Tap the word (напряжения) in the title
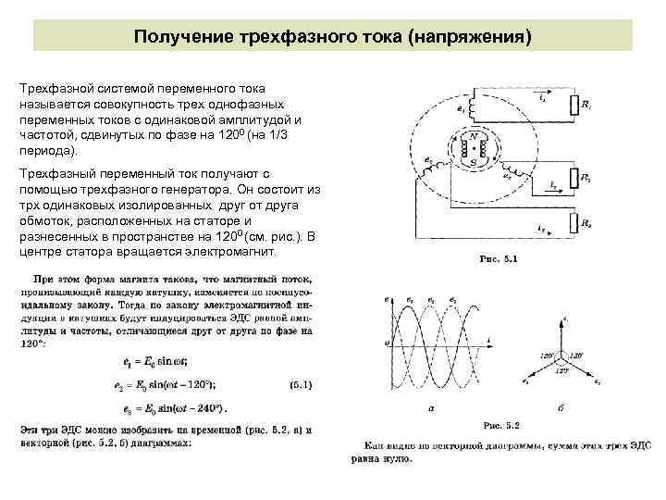pos(476,36)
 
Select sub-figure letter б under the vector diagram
pos(561,407)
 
